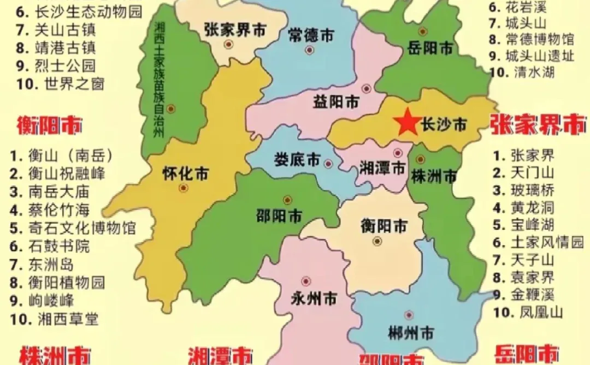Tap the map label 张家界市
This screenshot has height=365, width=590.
pos(235,29)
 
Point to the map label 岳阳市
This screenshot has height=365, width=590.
pos(430,48)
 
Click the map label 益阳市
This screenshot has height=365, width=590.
pos(336,101)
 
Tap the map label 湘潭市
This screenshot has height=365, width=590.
pos(382,167)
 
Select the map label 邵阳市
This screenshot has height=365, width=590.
pos(279,216)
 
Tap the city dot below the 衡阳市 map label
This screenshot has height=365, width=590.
pos(376,241)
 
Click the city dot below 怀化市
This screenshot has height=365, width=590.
pos(184,188)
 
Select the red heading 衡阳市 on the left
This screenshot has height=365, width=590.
pos(49,126)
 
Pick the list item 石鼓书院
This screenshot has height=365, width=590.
pos(58,246)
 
